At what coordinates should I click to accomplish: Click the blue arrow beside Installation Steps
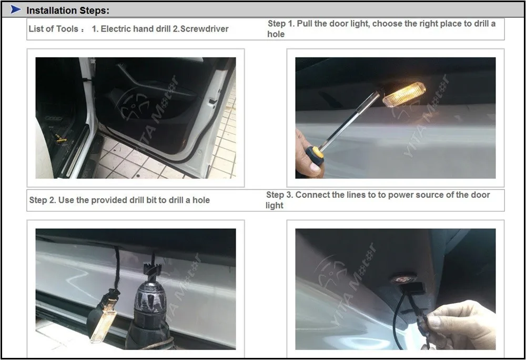15,9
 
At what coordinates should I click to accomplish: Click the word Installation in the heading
52,11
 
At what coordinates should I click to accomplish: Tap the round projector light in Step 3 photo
403,279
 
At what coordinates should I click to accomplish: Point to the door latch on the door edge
212,101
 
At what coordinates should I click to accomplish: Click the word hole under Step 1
276,34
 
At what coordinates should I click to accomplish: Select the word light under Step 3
275,206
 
